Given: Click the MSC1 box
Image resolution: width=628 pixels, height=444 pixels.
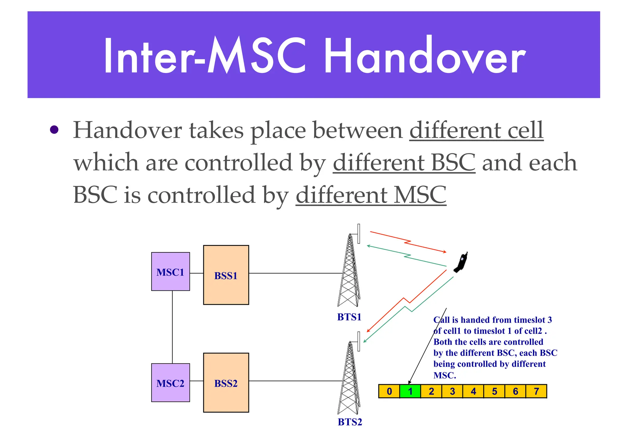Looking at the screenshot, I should [170, 272].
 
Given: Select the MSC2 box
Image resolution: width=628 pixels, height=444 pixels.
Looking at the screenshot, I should [170, 383].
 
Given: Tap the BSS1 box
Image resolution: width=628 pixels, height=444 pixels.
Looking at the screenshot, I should [226, 275].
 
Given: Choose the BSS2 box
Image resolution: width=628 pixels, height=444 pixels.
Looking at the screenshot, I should [226, 383].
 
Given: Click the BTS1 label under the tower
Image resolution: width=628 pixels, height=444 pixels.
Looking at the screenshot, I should [349, 317].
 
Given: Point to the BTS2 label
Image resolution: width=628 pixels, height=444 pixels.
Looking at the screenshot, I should [350, 422].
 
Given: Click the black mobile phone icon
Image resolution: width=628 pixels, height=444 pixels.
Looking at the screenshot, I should [461, 262].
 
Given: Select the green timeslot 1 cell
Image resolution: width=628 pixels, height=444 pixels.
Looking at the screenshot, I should [410, 391].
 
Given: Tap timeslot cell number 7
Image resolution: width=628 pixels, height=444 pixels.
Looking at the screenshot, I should [536, 391].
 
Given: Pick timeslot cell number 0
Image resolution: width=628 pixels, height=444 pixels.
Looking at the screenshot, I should [389, 391].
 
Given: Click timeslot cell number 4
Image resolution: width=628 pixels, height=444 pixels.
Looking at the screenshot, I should [473, 391].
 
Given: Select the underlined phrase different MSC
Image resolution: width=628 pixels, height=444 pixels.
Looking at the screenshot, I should [371, 195].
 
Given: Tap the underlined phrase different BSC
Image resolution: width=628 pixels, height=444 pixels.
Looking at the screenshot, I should [404, 163].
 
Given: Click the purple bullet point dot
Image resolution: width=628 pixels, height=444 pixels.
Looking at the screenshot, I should [54, 130].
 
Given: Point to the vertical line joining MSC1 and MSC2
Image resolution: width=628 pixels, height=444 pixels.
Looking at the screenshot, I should [172, 327].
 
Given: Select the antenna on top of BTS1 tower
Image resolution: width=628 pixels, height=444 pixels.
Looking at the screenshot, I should [358, 234].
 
